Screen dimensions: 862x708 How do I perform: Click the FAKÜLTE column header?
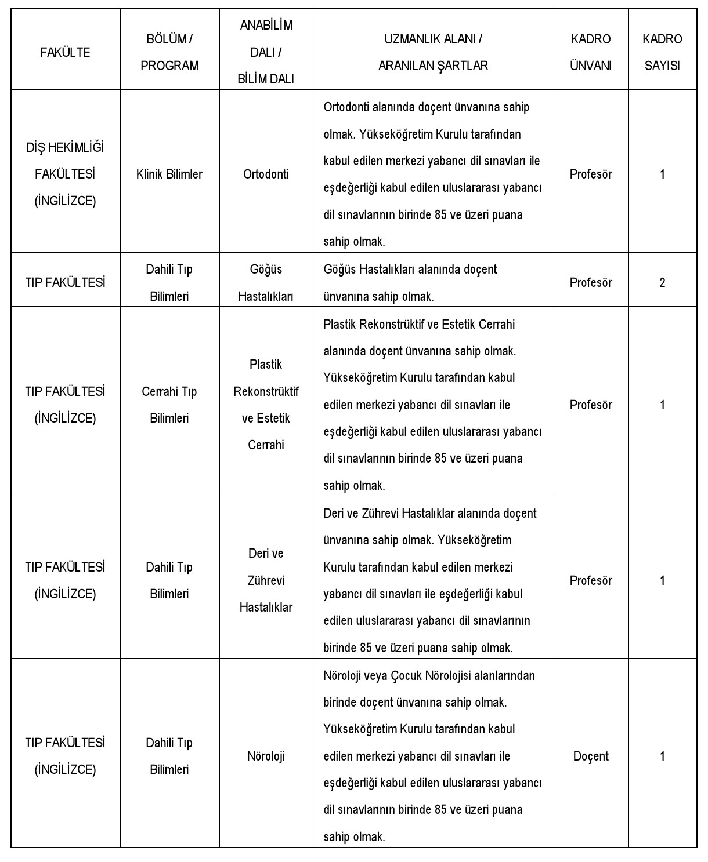(65, 52)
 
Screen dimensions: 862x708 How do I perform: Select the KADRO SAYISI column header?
(662, 52)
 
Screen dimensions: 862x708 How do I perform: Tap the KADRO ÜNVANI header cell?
(591, 52)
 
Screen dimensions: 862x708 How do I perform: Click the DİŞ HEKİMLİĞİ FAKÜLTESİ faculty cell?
(65, 174)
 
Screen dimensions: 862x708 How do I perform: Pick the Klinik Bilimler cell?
(169, 174)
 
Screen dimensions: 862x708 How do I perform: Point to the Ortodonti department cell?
(266, 174)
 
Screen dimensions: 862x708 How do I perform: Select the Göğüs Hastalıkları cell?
(266, 283)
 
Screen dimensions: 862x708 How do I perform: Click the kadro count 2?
(662, 283)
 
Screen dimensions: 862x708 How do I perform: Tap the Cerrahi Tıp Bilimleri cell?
(169, 405)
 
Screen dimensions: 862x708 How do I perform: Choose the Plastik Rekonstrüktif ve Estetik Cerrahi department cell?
(266, 405)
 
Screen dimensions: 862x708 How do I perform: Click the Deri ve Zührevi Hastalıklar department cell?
(266, 580)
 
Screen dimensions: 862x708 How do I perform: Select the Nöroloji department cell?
(266, 756)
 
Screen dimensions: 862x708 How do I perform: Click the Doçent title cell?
(591, 756)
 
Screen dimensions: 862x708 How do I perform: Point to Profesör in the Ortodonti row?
(591, 174)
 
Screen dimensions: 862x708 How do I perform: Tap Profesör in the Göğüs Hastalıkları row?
(591, 283)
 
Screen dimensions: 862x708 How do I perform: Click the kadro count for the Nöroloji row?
(662, 756)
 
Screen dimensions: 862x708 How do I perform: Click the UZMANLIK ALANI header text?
(433, 39)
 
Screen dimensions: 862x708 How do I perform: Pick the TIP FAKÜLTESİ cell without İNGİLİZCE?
(65, 283)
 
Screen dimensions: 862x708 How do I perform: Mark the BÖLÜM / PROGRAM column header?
(169, 52)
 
